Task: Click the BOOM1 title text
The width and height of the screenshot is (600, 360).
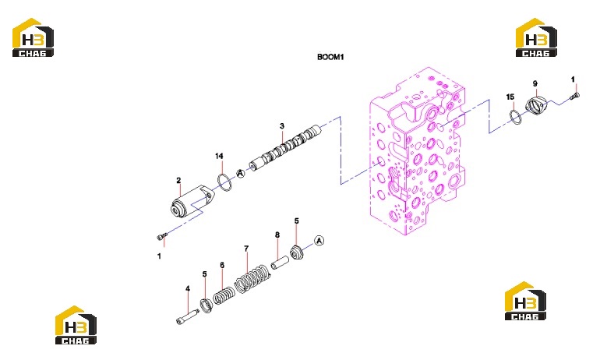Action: pyautogui.click(x=330, y=57)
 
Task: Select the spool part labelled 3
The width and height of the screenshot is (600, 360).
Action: pyautogui.click(x=285, y=147)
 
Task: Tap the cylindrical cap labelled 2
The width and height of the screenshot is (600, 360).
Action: pyautogui.click(x=192, y=203)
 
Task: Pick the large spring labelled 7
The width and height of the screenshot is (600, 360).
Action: pyautogui.click(x=252, y=279)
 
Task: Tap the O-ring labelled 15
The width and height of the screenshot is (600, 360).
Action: pyautogui.click(x=515, y=117)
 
